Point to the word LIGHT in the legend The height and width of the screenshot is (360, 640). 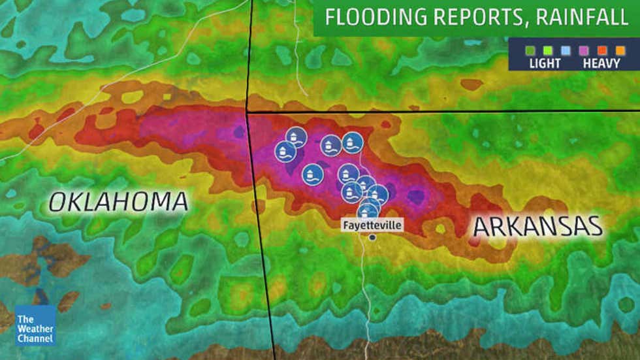544,63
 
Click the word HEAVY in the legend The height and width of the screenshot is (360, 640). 601,63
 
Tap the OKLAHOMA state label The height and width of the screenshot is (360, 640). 118,202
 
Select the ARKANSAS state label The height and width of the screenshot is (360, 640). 537,227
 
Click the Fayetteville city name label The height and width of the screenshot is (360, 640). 372,225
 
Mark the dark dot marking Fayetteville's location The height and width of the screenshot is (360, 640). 372,237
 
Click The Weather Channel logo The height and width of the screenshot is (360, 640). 35,325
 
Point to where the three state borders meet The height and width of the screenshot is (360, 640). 248,112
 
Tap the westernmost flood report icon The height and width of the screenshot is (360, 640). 285,152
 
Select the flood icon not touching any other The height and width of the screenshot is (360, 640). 313,174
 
